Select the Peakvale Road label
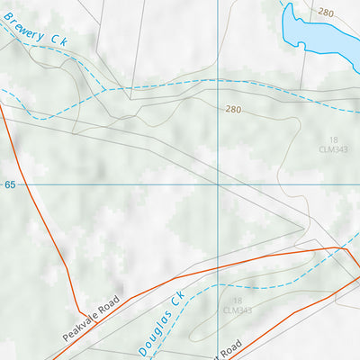click(x=91, y=316)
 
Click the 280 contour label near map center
click(x=234, y=109)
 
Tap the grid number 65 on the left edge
click(x=10, y=184)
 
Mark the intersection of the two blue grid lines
click(x=217, y=184)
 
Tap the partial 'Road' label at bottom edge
click(x=230, y=347)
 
